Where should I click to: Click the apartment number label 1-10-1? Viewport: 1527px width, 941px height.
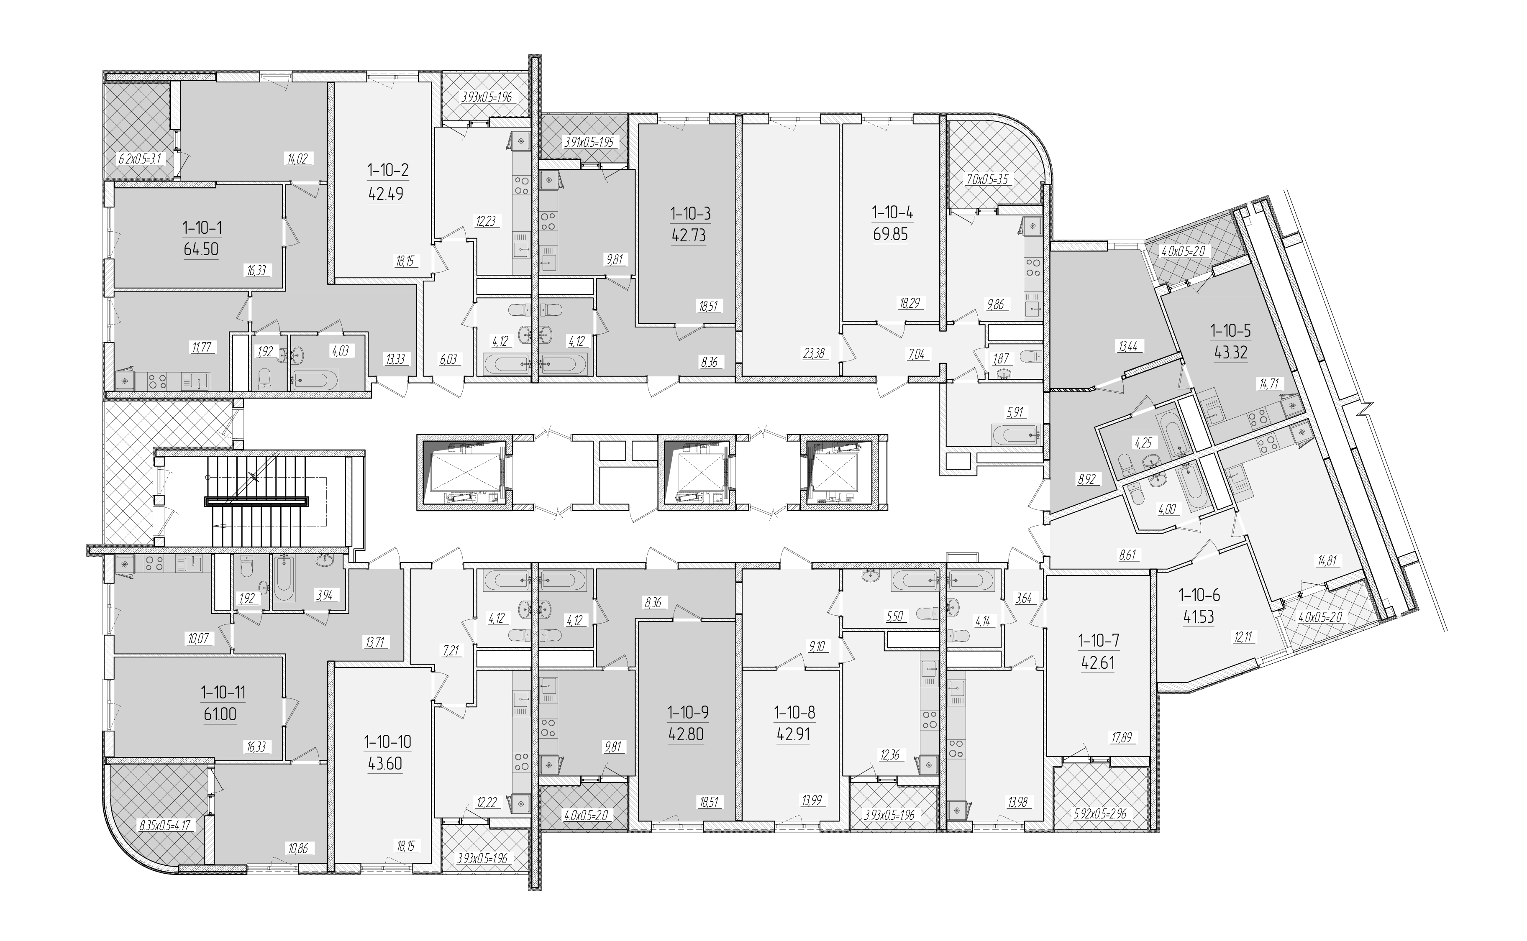[x=202, y=228]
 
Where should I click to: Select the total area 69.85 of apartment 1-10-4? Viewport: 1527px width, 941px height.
[x=891, y=234]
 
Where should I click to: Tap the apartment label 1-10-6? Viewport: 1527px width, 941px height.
[x=1199, y=596]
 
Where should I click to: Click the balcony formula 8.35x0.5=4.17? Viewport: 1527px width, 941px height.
[x=165, y=826]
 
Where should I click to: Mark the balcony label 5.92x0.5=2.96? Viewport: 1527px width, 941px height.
[x=1101, y=813]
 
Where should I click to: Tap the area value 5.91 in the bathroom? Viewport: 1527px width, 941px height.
[x=1015, y=412]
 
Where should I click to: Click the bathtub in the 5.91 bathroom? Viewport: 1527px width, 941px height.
[x=1015, y=433]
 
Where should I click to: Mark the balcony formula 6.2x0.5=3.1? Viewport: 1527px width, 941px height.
[x=140, y=158]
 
